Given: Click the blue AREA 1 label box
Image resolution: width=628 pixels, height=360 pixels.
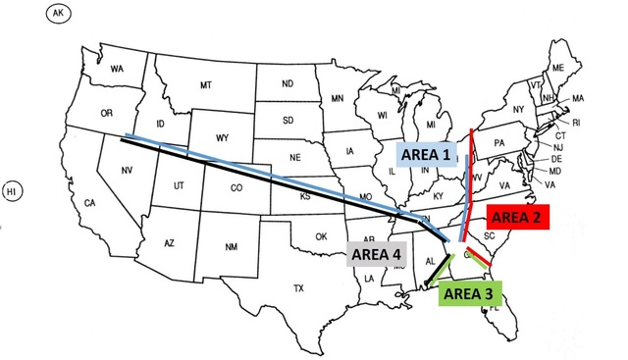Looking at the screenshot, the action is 427,153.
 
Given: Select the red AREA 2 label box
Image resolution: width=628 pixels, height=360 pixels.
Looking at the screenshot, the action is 520,217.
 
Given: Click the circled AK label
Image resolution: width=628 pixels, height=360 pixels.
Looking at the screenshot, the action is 62,13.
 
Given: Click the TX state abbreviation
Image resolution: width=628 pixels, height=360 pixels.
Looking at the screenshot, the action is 298,288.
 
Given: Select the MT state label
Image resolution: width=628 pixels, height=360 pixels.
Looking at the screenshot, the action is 206,85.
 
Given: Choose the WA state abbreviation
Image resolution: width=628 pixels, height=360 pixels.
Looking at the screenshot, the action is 117,69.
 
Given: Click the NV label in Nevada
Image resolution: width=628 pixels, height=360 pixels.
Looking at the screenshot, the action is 126,170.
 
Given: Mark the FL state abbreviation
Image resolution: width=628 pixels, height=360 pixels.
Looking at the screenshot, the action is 495,307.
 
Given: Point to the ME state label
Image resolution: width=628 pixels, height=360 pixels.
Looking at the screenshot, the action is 559,68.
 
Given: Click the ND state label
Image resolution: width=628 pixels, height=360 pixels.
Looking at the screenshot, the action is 288,83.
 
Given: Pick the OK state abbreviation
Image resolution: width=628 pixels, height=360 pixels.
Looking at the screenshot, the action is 320,236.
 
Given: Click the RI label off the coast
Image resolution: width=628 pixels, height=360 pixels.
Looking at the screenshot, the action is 576,123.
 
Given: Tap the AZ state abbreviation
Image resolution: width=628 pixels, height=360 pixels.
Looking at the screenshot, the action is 168,242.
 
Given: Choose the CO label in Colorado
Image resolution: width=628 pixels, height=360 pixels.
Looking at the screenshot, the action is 235,187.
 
